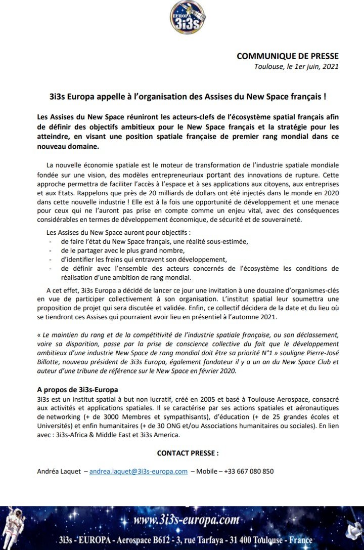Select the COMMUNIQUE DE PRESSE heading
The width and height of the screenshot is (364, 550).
[x=288, y=56]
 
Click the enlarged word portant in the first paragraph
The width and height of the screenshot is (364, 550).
[x=220, y=175]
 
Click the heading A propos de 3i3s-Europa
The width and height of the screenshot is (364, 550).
[x=77, y=390]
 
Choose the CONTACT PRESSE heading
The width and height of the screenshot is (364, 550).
[x=188, y=453]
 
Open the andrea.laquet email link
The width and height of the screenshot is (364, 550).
[x=139, y=471]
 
